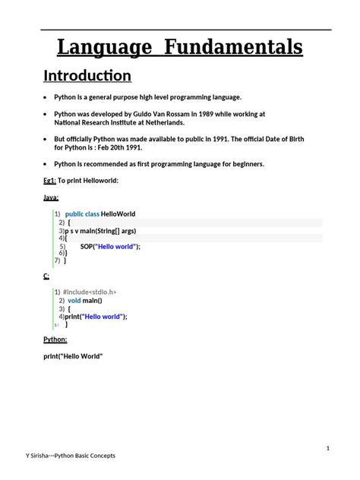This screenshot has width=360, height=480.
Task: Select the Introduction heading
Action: [x=87, y=76]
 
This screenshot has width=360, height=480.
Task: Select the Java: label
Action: [x=52, y=197]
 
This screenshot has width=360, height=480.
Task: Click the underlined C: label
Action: [x=46, y=276]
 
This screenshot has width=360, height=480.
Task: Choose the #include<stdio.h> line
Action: [x=90, y=292]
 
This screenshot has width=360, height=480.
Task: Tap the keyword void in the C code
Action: [x=74, y=301]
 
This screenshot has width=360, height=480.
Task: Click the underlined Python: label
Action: [x=55, y=339]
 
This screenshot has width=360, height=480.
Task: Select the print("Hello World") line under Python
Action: [x=73, y=356]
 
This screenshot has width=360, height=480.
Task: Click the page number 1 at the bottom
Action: [x=327, y=448]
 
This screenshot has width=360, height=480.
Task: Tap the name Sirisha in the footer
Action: [x=35, y=456]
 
